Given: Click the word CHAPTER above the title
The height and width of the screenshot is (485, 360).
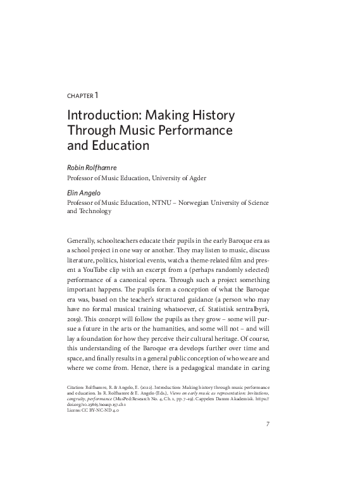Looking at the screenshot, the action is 79,96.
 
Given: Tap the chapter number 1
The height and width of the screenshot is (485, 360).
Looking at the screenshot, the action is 96,95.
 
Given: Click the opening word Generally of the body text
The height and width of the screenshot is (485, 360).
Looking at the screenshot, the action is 82,242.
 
